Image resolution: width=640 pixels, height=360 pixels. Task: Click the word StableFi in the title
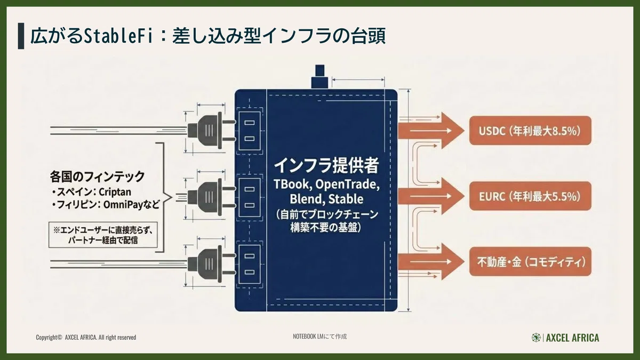(118, 36)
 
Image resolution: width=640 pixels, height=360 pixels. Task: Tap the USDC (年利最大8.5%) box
(530, 131)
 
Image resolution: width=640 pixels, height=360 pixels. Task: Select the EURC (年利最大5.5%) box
(530, 196)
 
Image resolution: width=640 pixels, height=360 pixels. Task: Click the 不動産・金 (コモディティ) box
(530, 261)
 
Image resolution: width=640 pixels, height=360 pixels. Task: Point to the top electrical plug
(211, 131)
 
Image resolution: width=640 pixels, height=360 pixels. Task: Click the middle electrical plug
(211, 197)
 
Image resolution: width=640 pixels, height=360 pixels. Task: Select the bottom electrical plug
(211, 264)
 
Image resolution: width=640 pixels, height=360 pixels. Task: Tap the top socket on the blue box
(250, 131)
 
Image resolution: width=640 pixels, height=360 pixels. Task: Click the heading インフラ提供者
(326, 165)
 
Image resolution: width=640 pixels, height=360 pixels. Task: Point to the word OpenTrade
(347, 185)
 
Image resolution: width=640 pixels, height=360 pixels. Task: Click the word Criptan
(115, 192)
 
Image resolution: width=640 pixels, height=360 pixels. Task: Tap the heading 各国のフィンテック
(97, 177)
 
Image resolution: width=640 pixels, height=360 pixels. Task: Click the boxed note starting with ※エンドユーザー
(103, 235)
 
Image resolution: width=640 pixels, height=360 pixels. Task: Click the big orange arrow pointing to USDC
(431, 131)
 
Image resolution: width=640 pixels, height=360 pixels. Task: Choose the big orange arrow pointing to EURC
(431, 196)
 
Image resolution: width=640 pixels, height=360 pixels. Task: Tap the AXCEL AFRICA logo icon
(536, 338)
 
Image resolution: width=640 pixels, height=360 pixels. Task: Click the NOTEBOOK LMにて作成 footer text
(319, 337)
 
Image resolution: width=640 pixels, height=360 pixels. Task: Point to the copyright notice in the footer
(86, 338)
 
